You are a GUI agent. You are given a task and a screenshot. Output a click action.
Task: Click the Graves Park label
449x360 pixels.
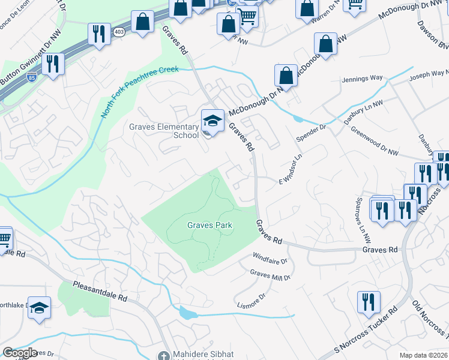(209, 226)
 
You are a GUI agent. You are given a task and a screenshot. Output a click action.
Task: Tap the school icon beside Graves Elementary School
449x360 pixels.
(211, 121)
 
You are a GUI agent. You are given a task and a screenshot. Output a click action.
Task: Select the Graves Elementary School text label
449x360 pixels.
(164, 131)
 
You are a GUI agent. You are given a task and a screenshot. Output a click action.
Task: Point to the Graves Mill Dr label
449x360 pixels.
(270, 276)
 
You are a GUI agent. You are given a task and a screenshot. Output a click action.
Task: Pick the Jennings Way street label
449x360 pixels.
(362, 79)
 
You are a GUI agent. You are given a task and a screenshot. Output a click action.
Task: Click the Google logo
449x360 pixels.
(19, 352)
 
